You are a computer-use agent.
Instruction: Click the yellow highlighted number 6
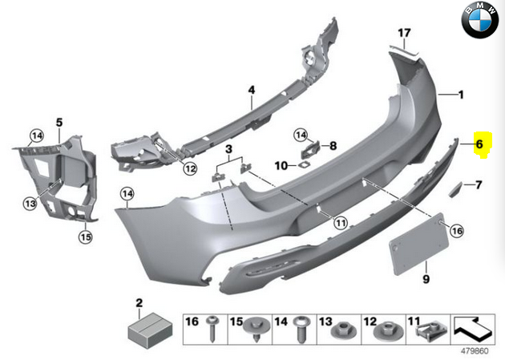(479, 145)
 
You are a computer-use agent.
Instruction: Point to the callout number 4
(250, 89)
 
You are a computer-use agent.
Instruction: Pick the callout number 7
(479, 185)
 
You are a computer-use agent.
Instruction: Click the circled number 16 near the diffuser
(457, 231)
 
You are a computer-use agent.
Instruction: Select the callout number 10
(281, 166)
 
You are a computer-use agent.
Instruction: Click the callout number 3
(228, 149)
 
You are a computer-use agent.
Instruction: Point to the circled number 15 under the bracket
(85, 237)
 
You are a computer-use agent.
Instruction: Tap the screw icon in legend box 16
(213, 326)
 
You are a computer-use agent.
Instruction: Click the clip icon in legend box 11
(434, 328)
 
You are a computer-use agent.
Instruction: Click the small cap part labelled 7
(454, 188)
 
